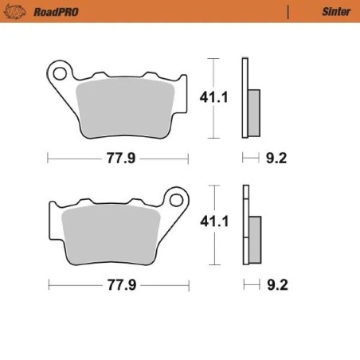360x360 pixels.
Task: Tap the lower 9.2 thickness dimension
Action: pos(275,284)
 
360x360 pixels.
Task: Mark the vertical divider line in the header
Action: pos(288,12)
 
